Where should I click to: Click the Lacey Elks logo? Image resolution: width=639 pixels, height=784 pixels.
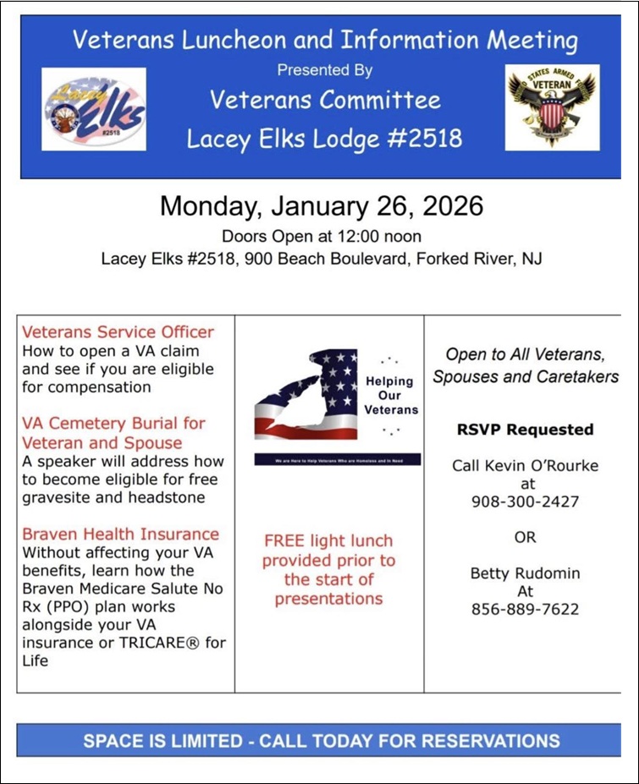tap(93, 109)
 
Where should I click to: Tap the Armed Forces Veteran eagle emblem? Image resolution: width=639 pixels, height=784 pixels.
tap(552, 107)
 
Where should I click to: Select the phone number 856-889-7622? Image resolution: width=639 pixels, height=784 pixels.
tap(525, 609)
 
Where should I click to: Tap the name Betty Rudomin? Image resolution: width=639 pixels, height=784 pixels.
tap(526, 573)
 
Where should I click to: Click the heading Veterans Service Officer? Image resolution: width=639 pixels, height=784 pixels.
tap(118, 332)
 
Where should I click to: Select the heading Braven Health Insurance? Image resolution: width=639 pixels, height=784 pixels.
tap(120, 534)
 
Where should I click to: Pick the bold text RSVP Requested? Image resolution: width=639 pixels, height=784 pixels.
tap(525, 429)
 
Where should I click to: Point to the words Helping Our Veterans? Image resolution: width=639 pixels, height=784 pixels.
tap(390, 395)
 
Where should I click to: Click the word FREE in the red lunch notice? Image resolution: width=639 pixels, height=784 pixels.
tap(284, 540)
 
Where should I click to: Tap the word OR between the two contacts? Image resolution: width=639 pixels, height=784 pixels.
tap(525, 537)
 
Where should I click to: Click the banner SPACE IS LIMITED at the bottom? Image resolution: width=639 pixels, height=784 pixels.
tap(321, 741)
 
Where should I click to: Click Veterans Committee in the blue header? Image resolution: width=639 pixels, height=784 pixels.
tap(325, 100)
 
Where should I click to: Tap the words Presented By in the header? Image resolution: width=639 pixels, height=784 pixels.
tap(325, 70)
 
